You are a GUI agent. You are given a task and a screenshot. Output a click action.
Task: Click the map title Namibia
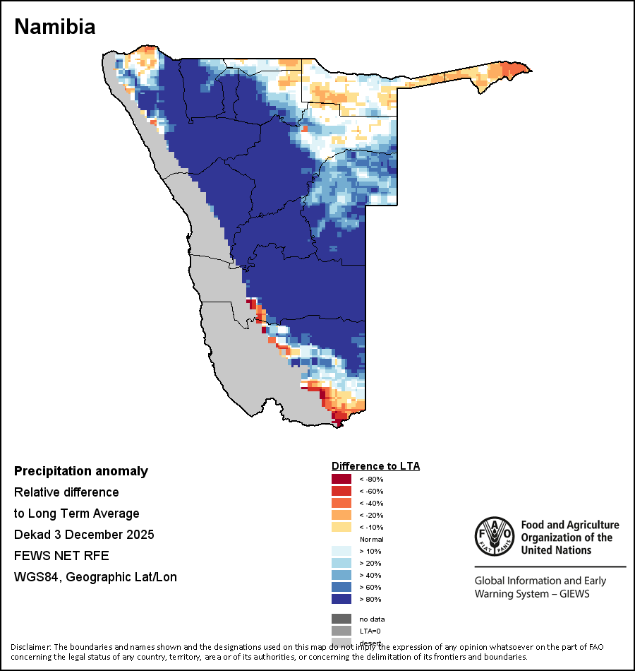pos(55,27)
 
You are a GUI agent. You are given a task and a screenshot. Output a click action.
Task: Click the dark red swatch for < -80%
pos(341,480)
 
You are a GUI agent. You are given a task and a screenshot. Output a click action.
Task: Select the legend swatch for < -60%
pos(341,492)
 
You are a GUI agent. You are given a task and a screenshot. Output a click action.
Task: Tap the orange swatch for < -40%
pos(341,504)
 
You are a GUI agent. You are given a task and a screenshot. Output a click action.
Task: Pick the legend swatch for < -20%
pos(341,516)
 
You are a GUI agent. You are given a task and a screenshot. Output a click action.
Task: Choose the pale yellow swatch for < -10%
pos(341,528)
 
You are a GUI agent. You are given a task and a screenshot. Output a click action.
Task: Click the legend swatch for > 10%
pos(341,552)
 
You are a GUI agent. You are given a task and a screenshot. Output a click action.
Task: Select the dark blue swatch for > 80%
pos(341,600)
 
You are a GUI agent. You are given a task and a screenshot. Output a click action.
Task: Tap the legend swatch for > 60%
pos(341,588)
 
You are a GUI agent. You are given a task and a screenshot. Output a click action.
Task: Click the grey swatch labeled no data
pos(341,619)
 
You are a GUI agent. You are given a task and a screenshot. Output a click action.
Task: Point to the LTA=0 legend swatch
pos(341,631)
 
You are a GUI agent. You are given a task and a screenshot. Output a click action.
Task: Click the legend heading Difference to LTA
pos(375,466)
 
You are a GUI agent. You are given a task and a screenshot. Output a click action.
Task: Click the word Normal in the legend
pos(371,540)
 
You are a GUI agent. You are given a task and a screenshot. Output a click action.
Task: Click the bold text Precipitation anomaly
pos(81,471)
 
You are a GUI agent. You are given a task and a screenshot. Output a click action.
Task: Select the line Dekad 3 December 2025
pos(84,535)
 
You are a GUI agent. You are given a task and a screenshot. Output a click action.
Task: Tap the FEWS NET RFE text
pos(61,556)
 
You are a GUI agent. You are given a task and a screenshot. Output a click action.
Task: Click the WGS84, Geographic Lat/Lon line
pos(95,577)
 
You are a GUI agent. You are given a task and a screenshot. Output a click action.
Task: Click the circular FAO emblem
pos(494,537)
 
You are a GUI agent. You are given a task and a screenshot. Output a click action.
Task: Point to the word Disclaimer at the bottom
pos(31,647)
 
